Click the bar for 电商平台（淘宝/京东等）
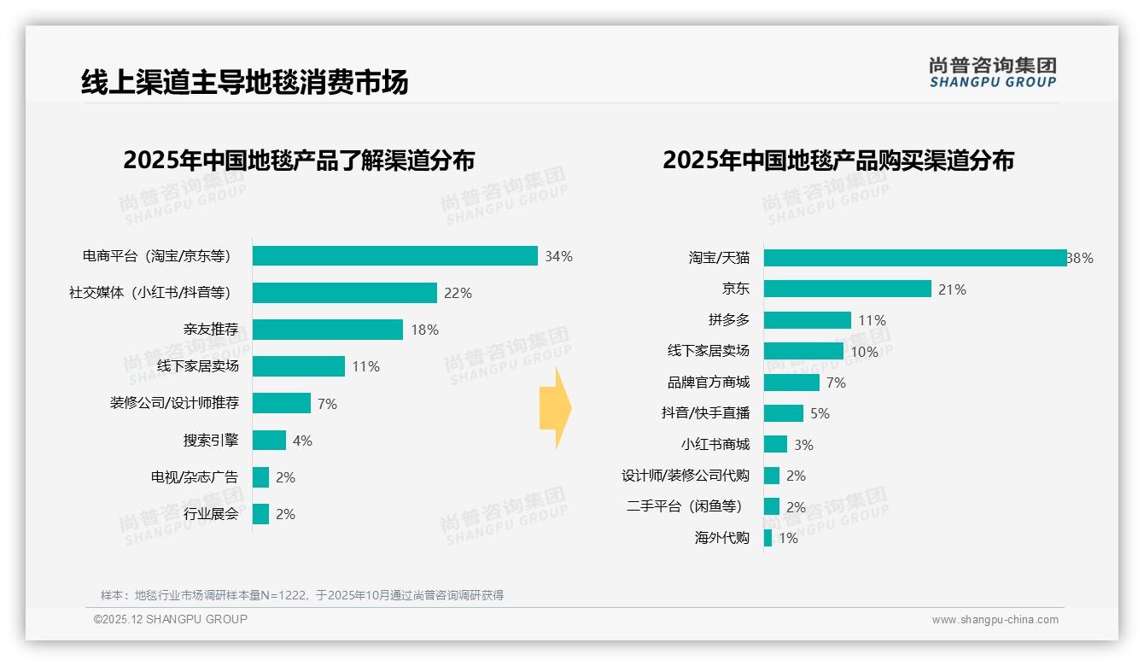(x=394, y=256)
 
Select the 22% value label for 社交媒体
(x=458, y=293)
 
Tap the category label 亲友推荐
(x=210, y=330)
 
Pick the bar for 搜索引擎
(x=269, y=441)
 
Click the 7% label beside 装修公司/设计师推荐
(x=327, y=404)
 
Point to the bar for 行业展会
(x=260, y=514)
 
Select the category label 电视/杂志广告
(x=195, y=477)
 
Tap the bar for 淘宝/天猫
(x=914, y=258)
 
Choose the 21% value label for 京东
(x=952, y=289)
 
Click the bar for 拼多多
(x=807, y=320)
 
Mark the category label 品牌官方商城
(x=708, y=383)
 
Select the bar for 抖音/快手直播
(x=783, y=413)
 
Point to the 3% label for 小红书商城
(x=803, y=445)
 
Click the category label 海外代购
(x=721, y=538)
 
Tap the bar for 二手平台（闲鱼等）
(x=771, y=506)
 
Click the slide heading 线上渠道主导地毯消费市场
(x=244, y=82)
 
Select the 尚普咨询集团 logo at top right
(x=992, y=72)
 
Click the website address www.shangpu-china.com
(x=995, y=620)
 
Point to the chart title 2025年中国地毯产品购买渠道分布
(x=838, y=161)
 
